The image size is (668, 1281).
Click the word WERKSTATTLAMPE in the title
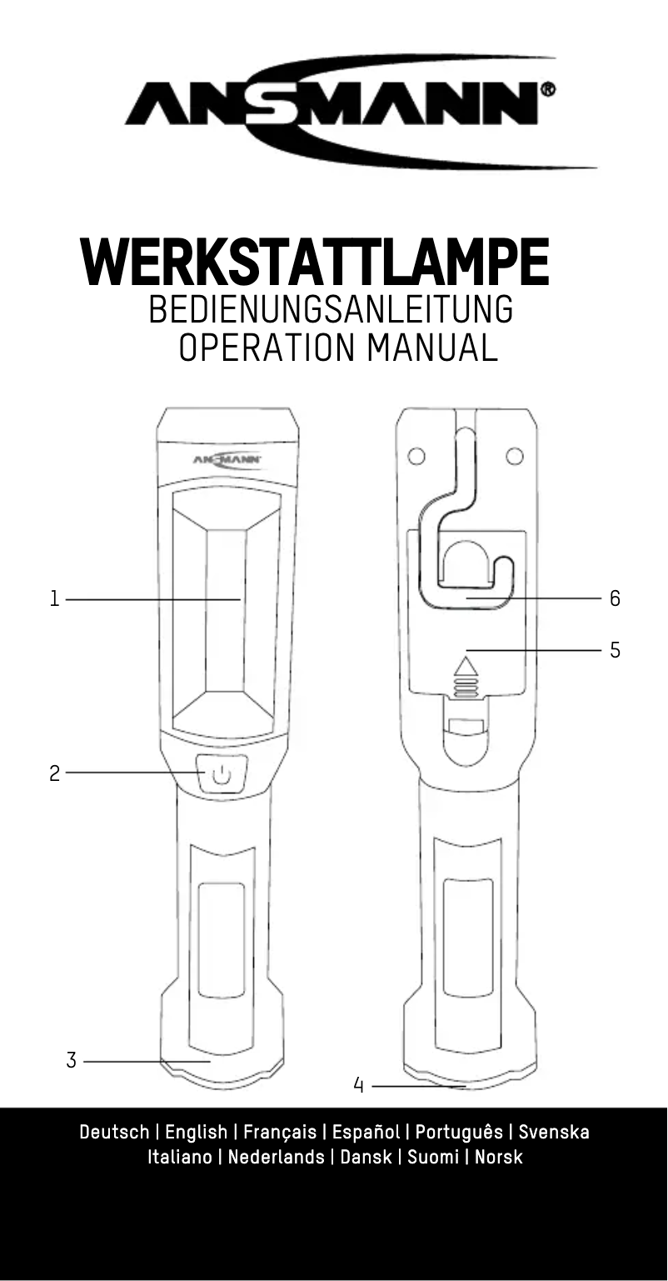315,263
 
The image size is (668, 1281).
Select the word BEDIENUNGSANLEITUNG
330,311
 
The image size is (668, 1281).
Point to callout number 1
54,598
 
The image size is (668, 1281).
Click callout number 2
54,773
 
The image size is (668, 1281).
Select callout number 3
72,1061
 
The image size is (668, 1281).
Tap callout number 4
359,1085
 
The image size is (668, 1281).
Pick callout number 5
615,650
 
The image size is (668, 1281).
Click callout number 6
615,598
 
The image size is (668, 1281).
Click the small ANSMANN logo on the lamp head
227,459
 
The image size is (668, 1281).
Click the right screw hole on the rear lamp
515,456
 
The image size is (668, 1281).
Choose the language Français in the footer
280,1132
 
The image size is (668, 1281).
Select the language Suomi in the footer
432,1157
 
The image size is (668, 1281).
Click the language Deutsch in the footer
114,1132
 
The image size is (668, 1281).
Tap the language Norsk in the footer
498,1157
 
